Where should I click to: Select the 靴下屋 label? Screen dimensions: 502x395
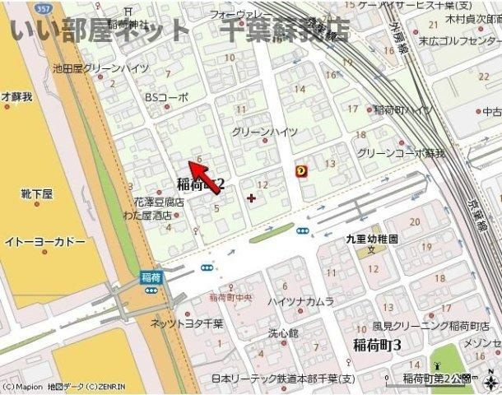pos(36,194)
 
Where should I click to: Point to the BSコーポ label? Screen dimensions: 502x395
pos(166,97)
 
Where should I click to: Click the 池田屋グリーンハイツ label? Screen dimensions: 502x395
pos(100,69)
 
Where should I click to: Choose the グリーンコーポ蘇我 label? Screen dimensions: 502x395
pos(400,153)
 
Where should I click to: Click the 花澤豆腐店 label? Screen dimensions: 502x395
pos(160,202)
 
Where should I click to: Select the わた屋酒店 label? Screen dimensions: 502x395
pos(148,215)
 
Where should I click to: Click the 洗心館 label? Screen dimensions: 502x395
pos(284,334)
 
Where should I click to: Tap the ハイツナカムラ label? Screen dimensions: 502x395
pos(300,302)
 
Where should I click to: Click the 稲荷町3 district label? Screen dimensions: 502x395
pos(377,344)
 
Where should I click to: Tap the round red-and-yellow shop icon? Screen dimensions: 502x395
pos(301,171)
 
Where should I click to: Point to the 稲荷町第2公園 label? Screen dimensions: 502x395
pos(437,378)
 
